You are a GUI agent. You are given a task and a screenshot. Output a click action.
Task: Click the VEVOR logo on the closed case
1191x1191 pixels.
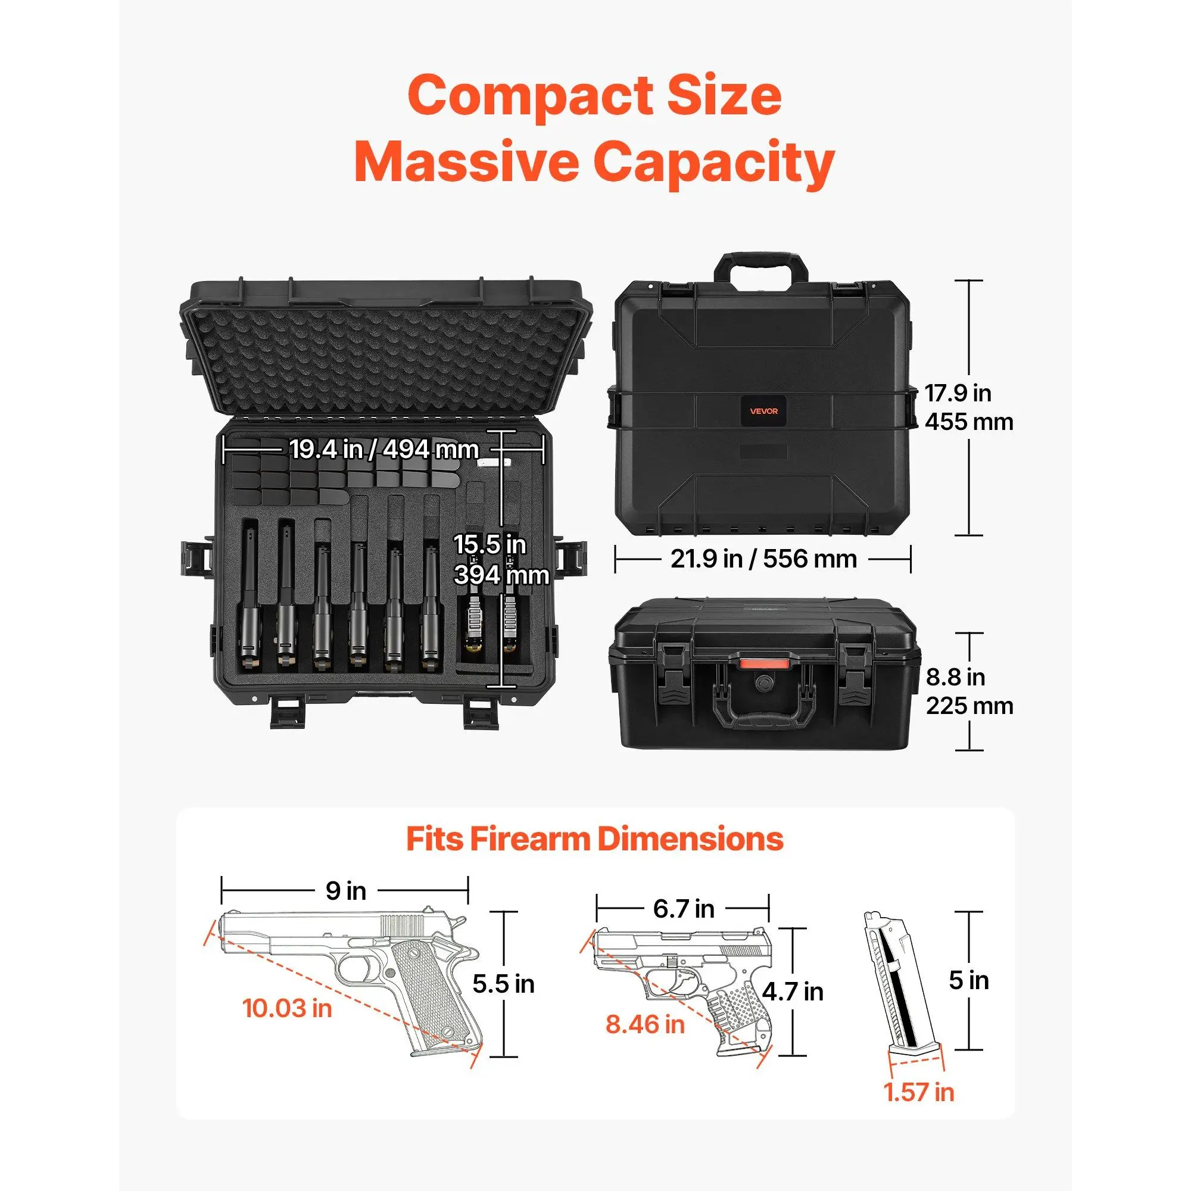click(764, 411)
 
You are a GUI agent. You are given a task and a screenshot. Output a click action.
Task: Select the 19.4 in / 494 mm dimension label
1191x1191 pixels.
click(384, 450)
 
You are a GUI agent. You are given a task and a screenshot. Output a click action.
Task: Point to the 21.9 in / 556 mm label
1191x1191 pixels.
click(764, 559)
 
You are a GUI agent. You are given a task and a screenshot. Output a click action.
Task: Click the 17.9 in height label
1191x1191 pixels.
click(958, 392)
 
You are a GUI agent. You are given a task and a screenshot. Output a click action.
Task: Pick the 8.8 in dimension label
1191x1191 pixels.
click(956, 677)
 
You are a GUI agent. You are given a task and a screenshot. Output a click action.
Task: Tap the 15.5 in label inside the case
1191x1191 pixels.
click(490, 545)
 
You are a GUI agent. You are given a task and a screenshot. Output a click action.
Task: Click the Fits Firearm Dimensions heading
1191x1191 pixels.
click(595, 839)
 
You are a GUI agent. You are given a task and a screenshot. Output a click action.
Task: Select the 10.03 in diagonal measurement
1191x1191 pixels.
click(287, 1009)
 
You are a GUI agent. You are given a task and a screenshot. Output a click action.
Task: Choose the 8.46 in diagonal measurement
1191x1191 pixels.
click(645, 1024)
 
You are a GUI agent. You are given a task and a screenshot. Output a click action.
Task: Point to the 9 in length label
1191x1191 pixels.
click(346, 891)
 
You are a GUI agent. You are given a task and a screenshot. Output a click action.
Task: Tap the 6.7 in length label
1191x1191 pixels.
click(684, 909)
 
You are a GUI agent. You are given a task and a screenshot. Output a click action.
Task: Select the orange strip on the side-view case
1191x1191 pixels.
click(765, 663)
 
